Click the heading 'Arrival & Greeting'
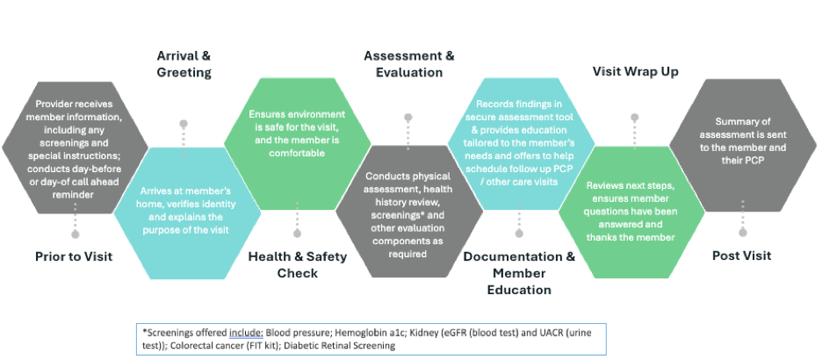pos(184,64)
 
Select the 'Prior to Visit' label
pos(75,256)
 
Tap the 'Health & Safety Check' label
pos(297,264)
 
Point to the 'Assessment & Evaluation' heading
pos(408,64)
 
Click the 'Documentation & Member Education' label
pos(519,272)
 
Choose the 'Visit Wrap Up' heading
pos(635,72)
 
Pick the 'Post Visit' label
pos(741,256)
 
